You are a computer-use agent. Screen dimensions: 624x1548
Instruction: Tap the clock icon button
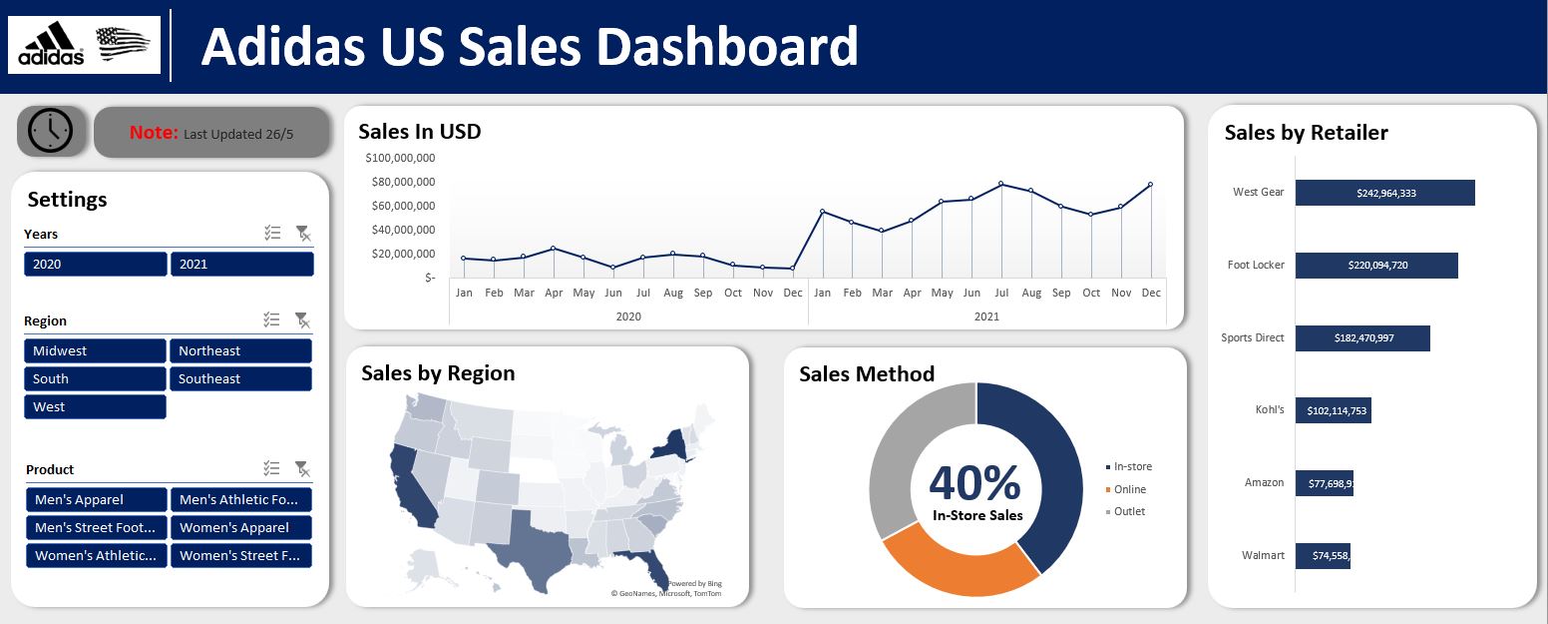(x=51, y=131)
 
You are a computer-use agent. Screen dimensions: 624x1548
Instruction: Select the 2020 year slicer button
(x=95, y=264)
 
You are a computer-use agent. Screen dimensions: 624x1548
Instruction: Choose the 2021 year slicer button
(x=241, y=264)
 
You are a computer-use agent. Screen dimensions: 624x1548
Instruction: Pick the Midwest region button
(x=95, y=350)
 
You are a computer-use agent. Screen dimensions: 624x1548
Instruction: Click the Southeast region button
(x=240, y=378)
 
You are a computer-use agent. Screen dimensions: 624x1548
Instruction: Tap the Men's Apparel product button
(x=96, y=499)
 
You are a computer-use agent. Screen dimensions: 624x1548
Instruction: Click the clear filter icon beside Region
(x=301, y=319)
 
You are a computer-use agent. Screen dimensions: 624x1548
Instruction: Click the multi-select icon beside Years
(x=272, y=233)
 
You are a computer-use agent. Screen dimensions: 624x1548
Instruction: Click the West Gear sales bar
(x=1384, y=193)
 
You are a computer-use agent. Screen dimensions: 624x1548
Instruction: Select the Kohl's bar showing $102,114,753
(x=1333, y=410)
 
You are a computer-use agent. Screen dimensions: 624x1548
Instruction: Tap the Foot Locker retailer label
(x=1256, y=265)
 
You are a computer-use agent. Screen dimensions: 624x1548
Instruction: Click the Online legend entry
(x=1129, y=489)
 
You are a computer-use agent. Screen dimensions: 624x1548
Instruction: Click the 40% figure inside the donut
(x=974, y=482)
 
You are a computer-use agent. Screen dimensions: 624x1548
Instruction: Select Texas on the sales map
(x=539, y=544)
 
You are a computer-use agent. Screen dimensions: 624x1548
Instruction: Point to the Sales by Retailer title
(x=1306, y=133)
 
